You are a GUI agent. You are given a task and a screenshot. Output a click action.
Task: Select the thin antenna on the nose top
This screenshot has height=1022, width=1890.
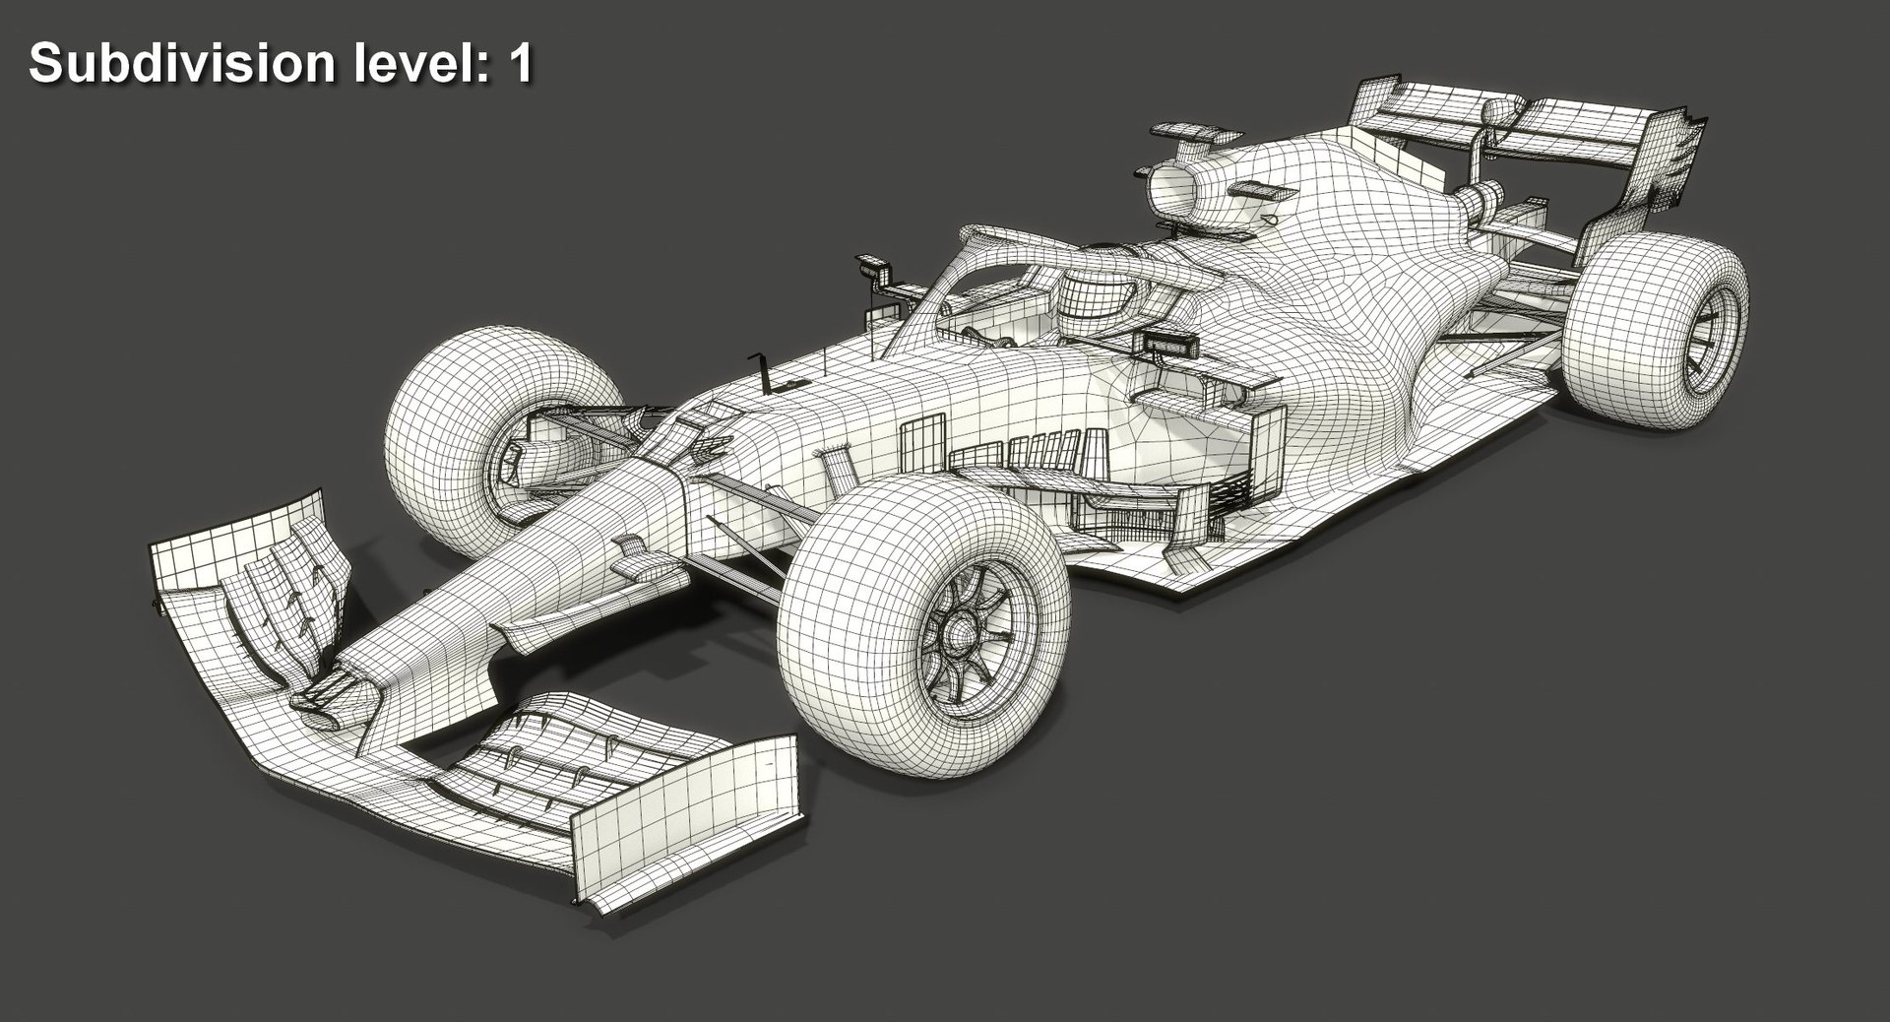[x=759, y=369]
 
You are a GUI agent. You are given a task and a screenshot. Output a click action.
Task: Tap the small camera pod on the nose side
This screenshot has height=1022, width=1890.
[x=640, y=564]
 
